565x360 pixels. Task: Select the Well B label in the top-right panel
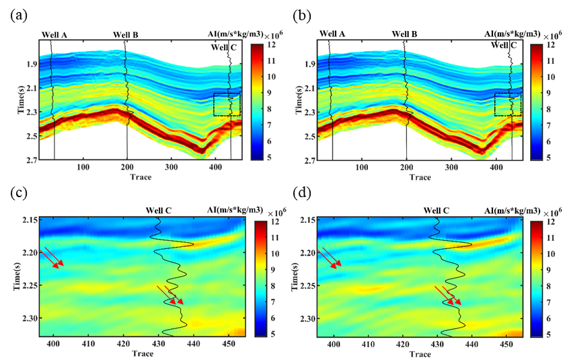tap(405, 33)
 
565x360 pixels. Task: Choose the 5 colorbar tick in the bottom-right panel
tap(549, 334)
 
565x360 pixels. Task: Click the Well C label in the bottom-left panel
tap(159, 210)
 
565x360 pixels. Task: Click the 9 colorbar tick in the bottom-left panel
tap(268, 269)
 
